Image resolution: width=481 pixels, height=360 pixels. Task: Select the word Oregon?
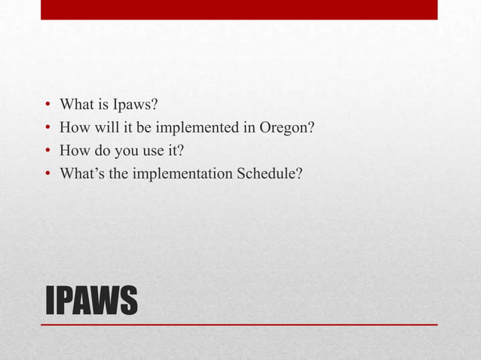tap(286, 127)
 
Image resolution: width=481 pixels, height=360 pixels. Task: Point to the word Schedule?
tap(269, 174)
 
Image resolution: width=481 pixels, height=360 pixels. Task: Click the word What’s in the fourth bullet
tap(80, 174)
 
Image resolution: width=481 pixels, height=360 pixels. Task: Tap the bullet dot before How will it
tap(47, 128)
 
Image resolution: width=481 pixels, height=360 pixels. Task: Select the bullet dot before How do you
tap(47, 151)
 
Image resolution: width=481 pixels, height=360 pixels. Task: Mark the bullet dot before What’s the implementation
tap(47, 175)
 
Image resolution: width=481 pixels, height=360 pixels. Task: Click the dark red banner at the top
tap(239, 10)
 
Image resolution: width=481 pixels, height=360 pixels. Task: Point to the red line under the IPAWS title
tap(239, 325)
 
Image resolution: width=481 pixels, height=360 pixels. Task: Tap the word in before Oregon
tap(249, 127)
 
